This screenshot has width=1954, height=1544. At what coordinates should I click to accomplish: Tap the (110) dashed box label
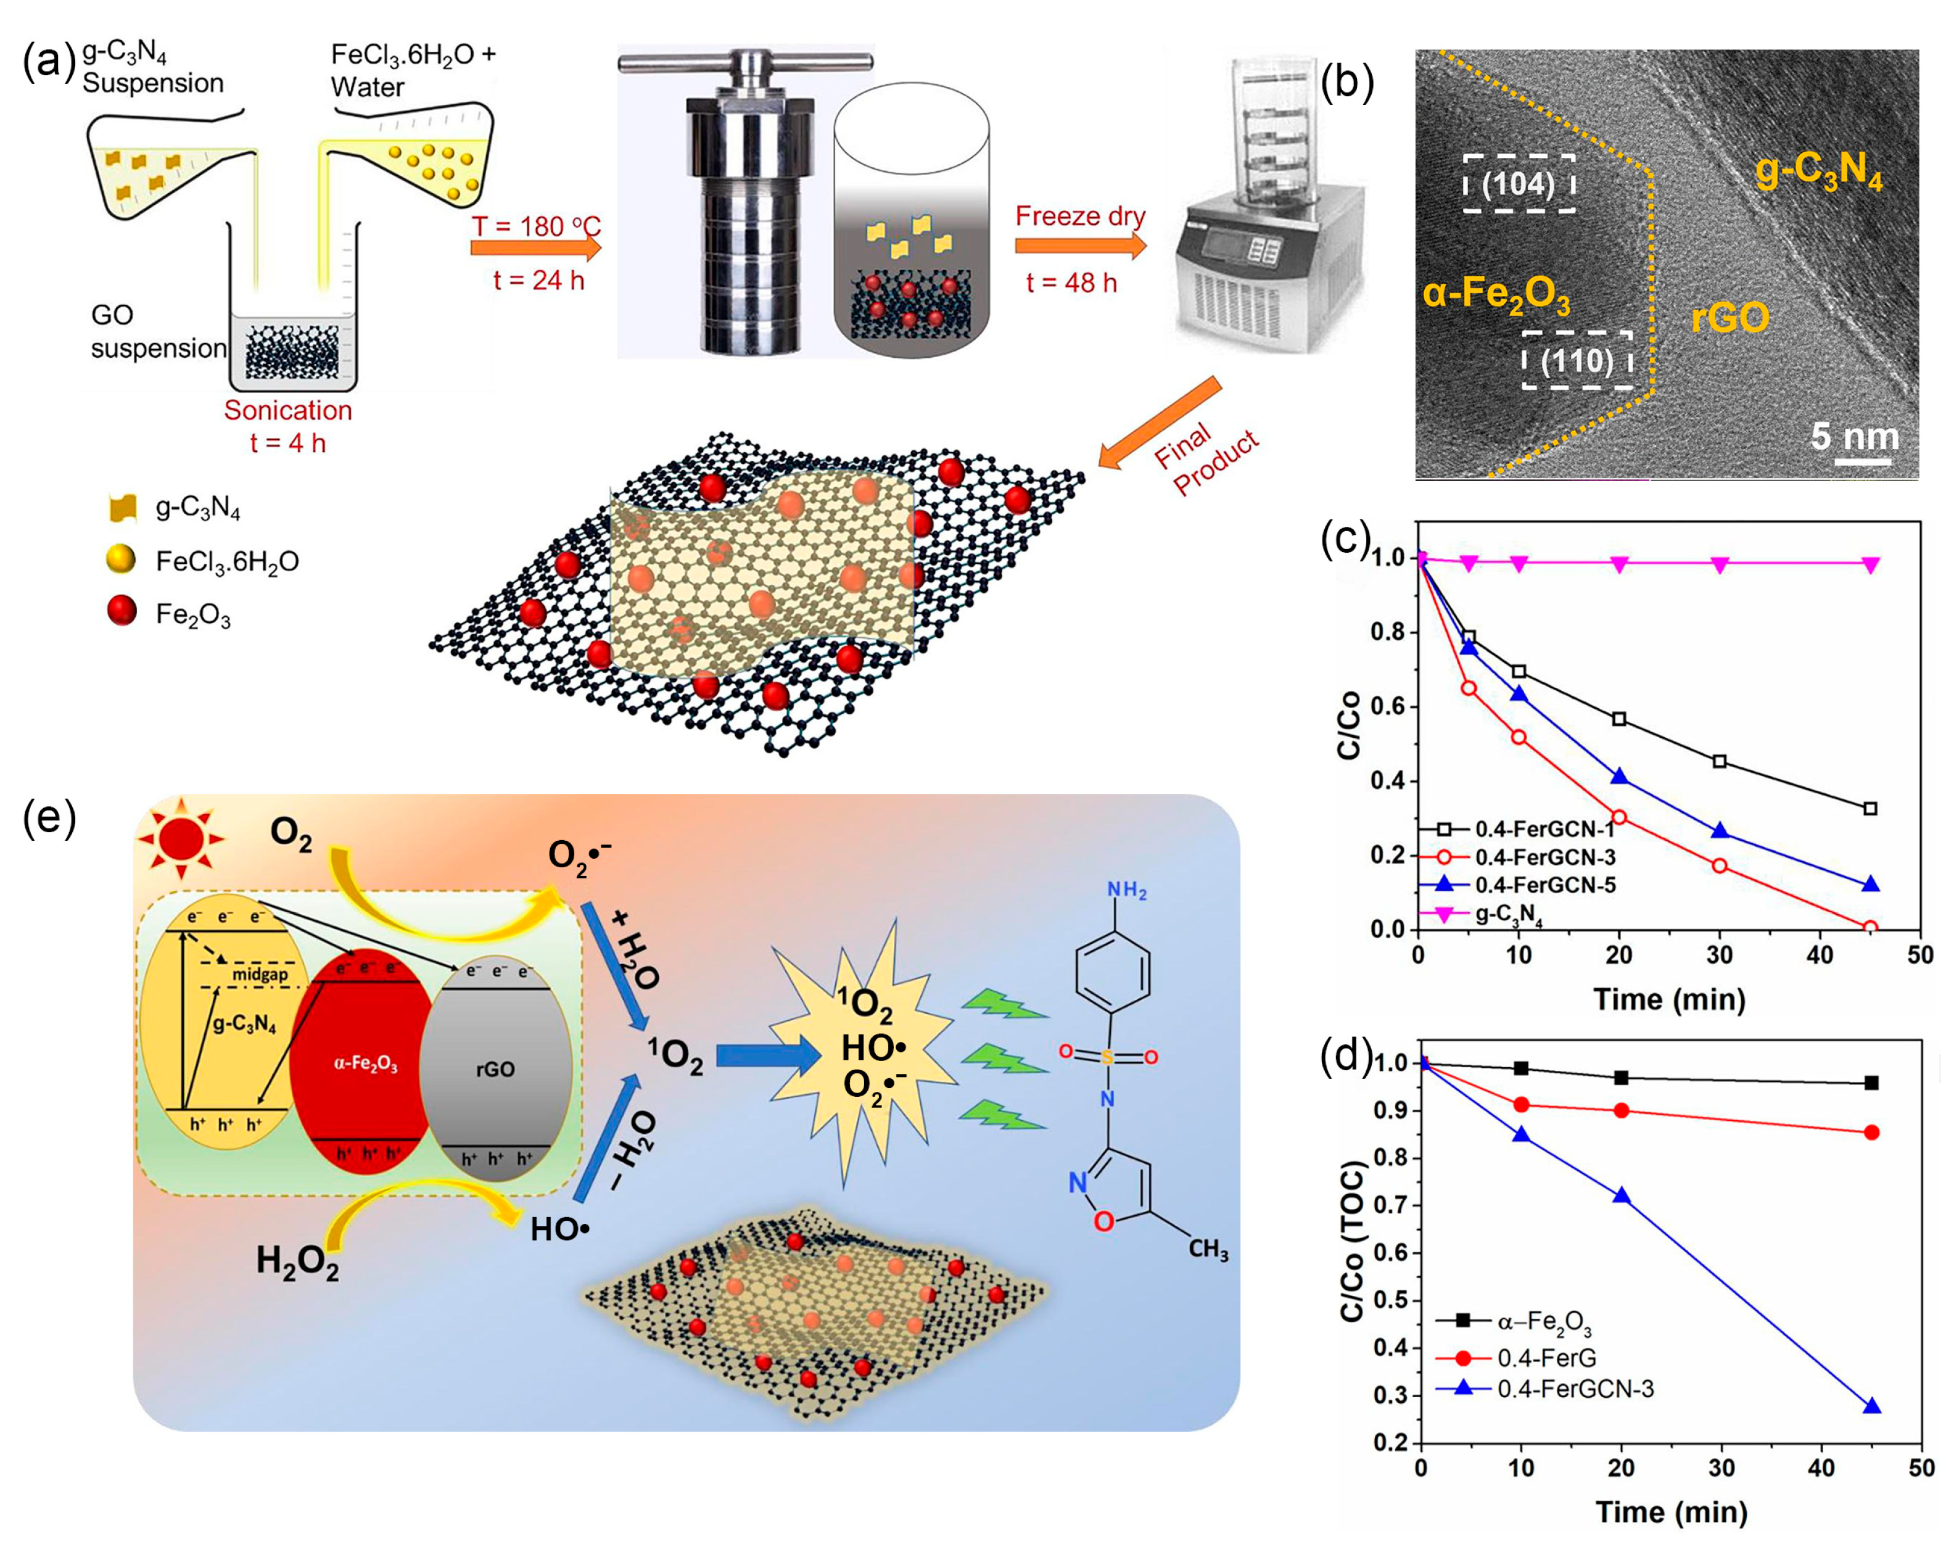1577,361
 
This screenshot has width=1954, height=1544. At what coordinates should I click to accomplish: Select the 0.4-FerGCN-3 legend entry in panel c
1544,857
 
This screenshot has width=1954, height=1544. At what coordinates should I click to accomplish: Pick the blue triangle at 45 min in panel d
1871,1406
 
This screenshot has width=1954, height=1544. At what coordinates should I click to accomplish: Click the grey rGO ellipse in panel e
495,1070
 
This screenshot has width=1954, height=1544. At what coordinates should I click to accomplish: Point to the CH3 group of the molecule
1208,1250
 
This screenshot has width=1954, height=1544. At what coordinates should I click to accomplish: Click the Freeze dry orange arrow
1080,246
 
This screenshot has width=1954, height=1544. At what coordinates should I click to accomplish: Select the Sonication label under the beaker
287,410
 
